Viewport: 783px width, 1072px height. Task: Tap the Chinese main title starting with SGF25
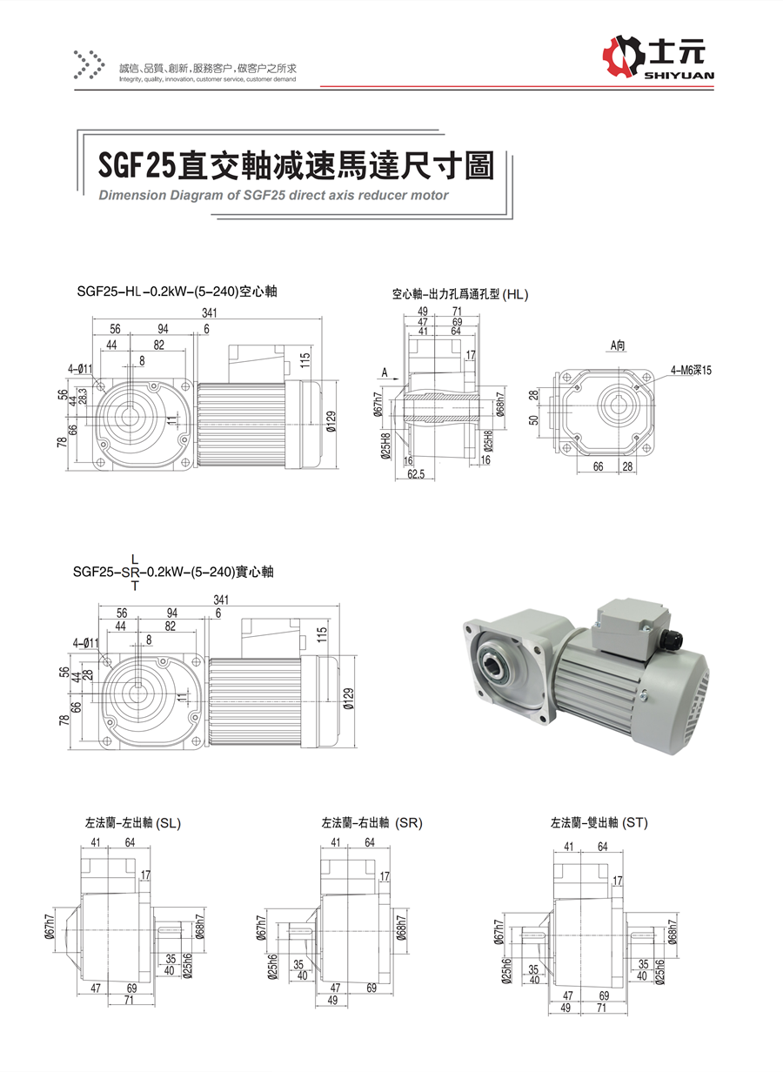tap(295, 164)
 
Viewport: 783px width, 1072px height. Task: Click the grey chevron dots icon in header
tap(86, 64)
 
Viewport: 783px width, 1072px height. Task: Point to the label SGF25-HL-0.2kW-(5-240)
tap(176, 292)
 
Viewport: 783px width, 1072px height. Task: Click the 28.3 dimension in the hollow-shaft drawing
tap(84, 396)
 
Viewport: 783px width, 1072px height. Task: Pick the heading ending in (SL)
tap(133, 822)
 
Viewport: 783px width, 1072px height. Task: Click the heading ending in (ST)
tap(599, 822)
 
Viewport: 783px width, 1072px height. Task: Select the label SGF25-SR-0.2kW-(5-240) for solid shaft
tap(174, 573)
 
